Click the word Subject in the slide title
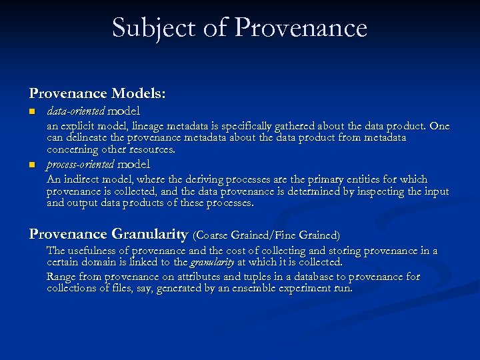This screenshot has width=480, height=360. pyautogui.click(x=154, y=28)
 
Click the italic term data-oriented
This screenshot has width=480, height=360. pyautogui.click(x=75, y=111)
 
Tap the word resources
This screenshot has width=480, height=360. pyautogui.click(x=151, y=149)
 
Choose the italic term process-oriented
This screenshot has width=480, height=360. pyautogui.click(x=80, y=164)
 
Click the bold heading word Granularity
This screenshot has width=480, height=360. pyautogui.click(x=149, y=234)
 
